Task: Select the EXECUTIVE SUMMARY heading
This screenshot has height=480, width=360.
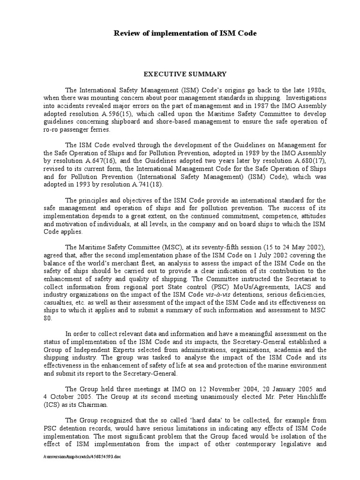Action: pyautogui.click(x=185, y=74)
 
